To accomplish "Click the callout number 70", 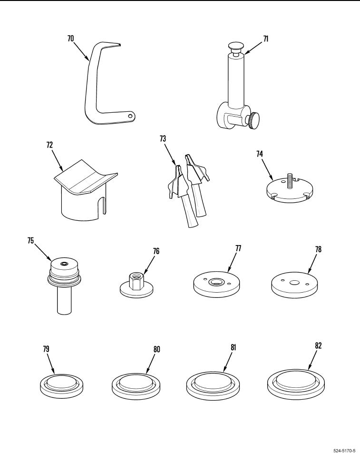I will [x=70, y=39].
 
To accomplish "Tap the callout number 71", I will [x=266, y=39].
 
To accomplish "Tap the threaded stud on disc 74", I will [x=288, y=181].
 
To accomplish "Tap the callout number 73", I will [x=163, y=138].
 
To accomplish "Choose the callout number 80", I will [x=156, y=349].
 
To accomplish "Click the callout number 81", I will [x=234, y=347].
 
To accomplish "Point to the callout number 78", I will [x=318, y=249].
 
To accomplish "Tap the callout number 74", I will [x=260, y=154].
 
